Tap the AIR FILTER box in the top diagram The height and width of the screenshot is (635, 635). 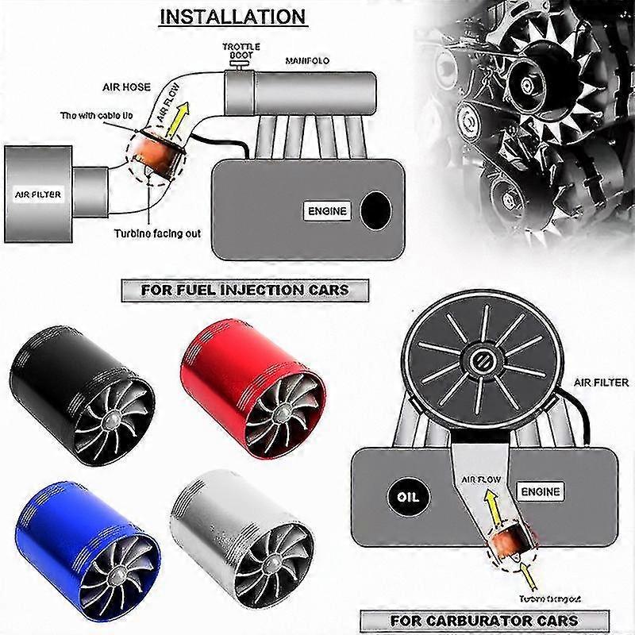coord(38,194)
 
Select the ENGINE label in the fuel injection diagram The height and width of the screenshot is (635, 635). coord(326,211)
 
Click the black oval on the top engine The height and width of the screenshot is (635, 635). coord(375,210)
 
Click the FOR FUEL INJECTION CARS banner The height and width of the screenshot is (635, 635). coord(244,290)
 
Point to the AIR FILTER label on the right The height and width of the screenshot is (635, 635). coord(600,383)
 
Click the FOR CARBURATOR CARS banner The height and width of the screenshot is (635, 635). coord(483,620)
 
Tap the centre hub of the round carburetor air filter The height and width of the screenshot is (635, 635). coord(481,359)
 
